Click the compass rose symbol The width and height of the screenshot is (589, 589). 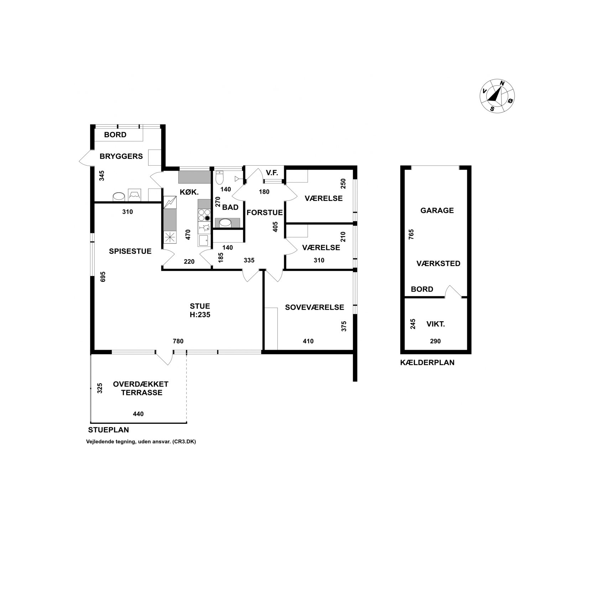(497, 95)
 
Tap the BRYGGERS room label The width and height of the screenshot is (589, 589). (121, 156)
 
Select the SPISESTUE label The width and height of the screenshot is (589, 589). (130, 251)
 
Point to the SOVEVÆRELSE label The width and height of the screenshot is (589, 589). (314, 307)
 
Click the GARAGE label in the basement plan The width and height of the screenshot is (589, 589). (437, 210)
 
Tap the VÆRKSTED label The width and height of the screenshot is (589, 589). (438, 264)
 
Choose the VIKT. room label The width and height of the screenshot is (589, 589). (436, 324)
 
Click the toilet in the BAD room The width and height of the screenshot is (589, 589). (219, 177)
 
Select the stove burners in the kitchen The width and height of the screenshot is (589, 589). (204, 215)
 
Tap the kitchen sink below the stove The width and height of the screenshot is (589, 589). (204, 240)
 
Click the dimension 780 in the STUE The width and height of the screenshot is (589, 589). (178, 341)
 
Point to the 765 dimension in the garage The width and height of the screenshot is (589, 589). (412, 235)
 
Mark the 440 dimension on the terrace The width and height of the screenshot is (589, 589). (138, 414)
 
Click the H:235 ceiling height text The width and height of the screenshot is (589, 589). (200, 315)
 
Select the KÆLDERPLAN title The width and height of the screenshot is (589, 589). (427, 363)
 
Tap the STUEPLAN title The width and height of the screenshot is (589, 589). (109, 430)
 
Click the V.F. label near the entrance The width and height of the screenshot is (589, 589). (272, 173)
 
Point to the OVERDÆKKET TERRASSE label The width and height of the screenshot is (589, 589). (141, 389)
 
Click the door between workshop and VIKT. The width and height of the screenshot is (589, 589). (453, 291)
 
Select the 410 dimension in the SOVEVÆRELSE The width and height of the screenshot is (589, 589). (308, 341)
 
